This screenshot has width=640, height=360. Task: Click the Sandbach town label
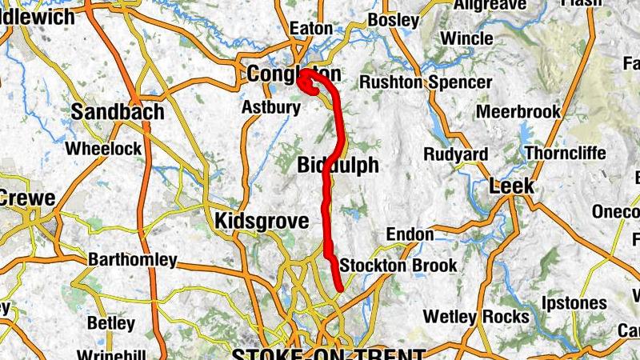click(118, 112)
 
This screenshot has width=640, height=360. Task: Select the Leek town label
click(511, 186)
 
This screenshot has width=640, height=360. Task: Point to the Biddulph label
click(337, 166)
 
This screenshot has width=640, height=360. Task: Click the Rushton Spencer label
click(426, 82)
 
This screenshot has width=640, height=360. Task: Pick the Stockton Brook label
click(398, 265)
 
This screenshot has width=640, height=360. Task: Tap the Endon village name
click(410, 234)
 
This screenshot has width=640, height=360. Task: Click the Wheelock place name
click(103, 148)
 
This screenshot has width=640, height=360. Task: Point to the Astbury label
click(270, 107)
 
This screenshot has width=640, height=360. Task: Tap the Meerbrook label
click(518, 112)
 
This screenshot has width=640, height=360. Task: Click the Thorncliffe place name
click(566, 153)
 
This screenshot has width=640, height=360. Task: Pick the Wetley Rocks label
click(465, 317)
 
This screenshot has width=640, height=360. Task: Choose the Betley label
click(110, 323)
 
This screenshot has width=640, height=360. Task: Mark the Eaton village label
click(310, 28)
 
